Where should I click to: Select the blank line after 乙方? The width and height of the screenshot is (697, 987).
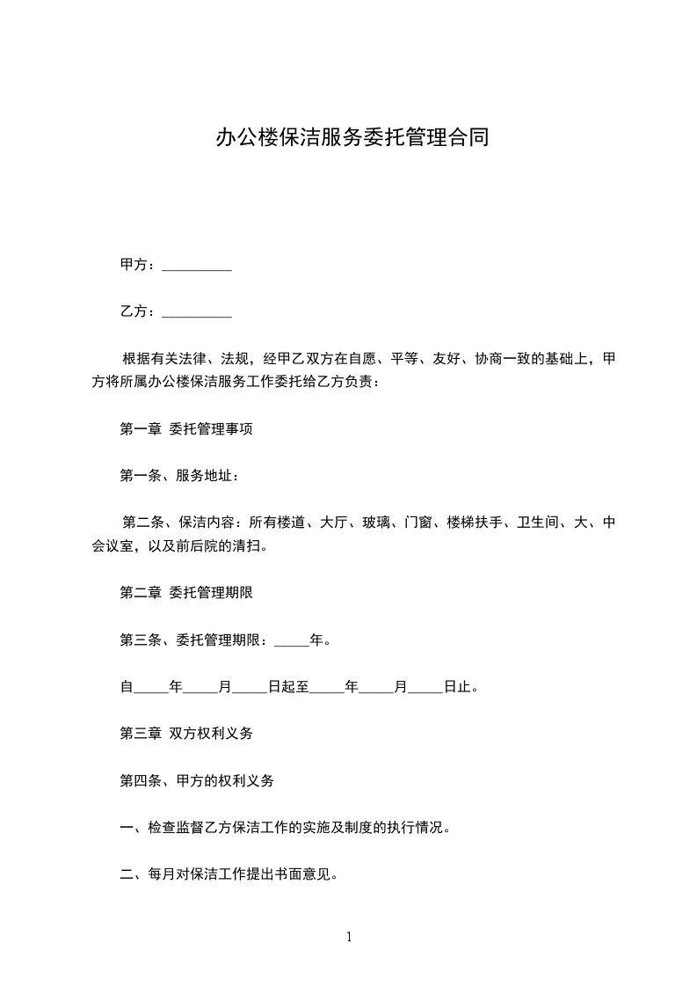pos(197,312)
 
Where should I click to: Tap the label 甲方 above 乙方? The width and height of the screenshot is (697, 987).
pos(134,265)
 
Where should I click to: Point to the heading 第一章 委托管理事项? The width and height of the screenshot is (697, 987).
pos(187,430)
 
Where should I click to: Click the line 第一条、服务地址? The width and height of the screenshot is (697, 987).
pos(178,476)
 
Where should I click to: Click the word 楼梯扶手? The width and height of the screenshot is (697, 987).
pos(474,523)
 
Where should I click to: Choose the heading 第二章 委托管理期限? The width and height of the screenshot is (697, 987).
pos(187,593)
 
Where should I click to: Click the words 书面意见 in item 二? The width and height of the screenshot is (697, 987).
pos(304,874)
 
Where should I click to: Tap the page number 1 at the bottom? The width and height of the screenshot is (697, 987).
pos(349,938)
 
